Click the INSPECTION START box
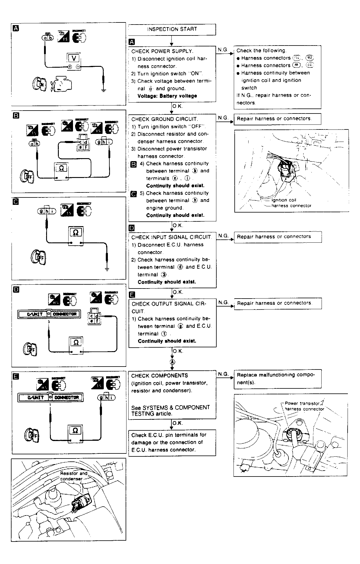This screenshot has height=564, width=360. pos(172,29)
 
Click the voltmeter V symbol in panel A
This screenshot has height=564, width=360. pos(74,58)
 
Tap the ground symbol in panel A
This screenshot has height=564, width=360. pos(103,90)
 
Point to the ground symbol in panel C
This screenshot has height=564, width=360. pos(107,269)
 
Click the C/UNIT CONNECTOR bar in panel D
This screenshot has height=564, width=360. pos(49,314)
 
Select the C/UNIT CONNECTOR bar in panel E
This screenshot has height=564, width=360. pos(50,397)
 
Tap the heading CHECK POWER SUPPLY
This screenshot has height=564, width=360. pos(162,51)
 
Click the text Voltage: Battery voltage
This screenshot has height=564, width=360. pos(167,96)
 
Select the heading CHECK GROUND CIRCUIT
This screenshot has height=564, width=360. pos(165,119)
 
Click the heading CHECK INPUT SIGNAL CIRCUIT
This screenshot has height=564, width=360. pos(171,237)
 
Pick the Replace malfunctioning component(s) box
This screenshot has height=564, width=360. pos(277,379)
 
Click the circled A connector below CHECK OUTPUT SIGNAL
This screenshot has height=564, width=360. pos(172,362)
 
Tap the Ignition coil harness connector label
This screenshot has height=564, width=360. pos(291,203)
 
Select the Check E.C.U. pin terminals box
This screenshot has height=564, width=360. pos(172,443)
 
